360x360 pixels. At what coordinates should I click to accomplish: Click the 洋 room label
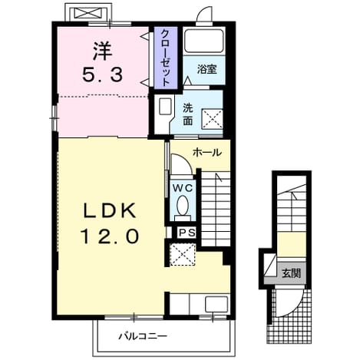[102, 51]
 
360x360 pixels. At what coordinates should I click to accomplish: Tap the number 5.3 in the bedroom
[102, 74]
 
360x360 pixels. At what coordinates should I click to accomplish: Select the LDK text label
[110, 210]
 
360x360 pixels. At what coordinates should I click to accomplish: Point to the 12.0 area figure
[110, 236]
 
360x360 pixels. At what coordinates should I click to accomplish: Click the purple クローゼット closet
[166, 58]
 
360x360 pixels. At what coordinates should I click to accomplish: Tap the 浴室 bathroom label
[206, 69]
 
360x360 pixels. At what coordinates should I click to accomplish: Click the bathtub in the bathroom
[204, 41]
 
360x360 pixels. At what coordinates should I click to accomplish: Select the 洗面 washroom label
[188, 115]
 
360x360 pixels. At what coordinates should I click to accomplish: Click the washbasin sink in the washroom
[165, 106]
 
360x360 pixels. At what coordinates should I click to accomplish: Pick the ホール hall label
[207, 153]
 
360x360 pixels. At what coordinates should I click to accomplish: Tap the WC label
[182, 188]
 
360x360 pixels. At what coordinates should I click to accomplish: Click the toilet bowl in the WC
[183, 206]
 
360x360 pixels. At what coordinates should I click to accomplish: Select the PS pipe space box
[187, 233]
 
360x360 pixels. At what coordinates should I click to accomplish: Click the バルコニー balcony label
[143, 335]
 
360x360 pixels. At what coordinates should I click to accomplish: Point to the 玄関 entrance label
[291, 273]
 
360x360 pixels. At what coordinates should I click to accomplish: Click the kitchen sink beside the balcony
[216, 304]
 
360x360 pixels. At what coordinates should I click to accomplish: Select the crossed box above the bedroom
[88, 12]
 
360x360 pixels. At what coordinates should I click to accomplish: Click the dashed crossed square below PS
[183, 254]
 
